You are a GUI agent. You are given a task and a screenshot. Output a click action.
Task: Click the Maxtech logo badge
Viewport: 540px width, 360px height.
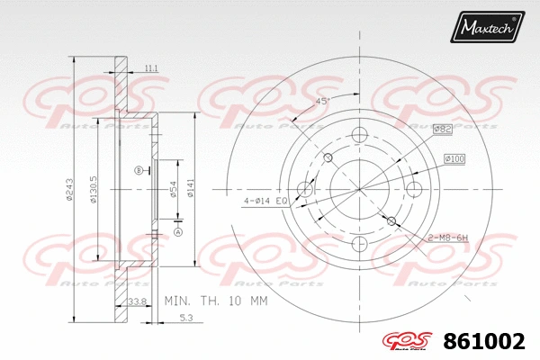pos(487,29)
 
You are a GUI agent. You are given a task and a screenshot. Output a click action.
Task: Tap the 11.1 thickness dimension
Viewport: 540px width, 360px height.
pos(150,68)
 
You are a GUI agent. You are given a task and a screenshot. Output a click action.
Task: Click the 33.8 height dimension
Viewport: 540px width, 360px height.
pos(138,301)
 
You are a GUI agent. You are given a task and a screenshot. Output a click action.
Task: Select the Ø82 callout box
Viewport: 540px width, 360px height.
pos(442,130)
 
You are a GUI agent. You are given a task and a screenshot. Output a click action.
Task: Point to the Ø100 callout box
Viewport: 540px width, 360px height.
pos(454,159)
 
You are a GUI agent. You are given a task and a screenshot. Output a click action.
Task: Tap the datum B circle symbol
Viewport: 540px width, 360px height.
pos(138,170)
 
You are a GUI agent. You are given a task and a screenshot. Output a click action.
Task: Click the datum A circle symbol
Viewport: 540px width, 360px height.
pos(177,232)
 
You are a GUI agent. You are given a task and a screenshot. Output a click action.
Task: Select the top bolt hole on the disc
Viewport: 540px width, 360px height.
pos(359,135)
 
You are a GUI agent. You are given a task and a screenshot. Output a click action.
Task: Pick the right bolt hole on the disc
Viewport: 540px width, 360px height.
pos(414,189)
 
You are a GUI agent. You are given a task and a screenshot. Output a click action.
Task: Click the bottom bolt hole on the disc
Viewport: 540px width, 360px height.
pos(359,244)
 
